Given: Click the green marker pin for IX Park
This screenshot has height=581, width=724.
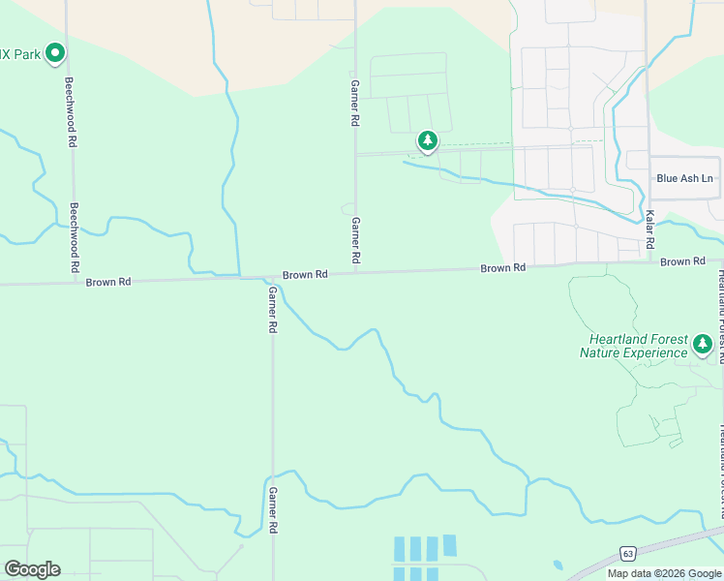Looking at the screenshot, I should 55,52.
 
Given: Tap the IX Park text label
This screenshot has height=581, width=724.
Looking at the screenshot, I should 20,54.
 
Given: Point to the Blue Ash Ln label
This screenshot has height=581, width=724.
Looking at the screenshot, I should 684,178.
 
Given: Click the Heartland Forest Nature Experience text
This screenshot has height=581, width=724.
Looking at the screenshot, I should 633,346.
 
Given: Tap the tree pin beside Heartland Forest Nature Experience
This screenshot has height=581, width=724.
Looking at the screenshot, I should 702,344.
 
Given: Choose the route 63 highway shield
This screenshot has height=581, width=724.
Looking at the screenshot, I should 628,555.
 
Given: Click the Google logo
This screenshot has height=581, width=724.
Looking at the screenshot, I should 32,569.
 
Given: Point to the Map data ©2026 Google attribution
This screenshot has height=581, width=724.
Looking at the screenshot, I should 665,573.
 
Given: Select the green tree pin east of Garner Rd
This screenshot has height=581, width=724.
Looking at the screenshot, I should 427,142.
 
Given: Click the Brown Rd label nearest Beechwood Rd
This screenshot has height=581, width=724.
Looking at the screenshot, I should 107,283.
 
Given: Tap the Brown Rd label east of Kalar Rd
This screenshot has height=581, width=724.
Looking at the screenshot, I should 682,261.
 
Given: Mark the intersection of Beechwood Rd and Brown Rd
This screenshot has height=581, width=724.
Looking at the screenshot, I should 75,283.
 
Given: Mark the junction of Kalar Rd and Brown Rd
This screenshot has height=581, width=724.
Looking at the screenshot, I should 648,262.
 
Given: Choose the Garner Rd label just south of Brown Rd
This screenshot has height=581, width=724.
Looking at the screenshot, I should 273,310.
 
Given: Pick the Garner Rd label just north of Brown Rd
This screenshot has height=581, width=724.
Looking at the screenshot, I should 355,241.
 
